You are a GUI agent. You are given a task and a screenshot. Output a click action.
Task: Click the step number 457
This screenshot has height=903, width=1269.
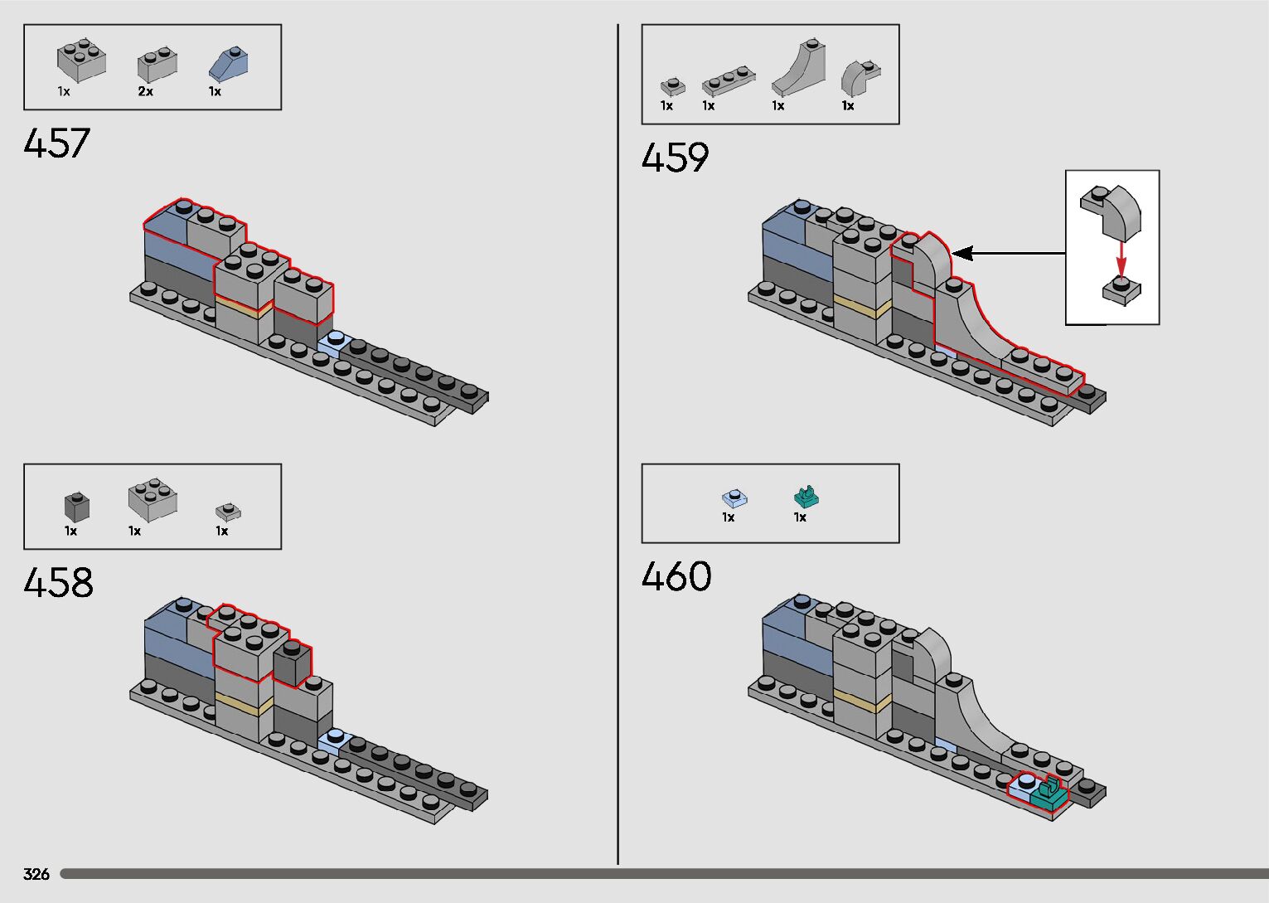point(56,143)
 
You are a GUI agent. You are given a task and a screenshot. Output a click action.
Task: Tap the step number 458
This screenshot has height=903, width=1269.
point(58,583)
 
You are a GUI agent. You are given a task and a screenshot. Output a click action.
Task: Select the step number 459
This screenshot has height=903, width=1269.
point(675,158)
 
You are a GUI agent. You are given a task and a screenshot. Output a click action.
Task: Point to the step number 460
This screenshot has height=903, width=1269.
point(676,577)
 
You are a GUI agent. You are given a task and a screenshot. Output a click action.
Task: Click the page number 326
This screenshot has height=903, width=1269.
point(36,874)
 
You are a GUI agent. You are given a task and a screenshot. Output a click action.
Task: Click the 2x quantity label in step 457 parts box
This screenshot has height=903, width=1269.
point(146,92)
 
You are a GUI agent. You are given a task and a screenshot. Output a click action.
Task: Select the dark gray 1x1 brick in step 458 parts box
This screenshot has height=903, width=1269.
point(76,506)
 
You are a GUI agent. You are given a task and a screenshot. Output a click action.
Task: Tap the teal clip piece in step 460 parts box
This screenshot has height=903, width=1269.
point(806,497)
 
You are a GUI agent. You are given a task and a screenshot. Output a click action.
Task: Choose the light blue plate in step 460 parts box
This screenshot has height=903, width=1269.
point(735,498)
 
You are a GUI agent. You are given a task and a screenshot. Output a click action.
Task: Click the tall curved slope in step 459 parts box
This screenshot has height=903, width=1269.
point(799,68)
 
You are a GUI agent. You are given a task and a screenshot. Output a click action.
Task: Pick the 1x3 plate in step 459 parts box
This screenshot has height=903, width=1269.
point(728,80)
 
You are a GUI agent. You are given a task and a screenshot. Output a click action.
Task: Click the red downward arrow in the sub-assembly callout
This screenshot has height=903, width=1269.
point(1121,259)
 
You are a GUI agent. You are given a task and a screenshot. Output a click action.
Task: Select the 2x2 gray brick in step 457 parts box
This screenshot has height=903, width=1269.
point(81,61)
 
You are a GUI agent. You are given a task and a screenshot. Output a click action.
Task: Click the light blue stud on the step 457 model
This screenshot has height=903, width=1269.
point(336,338)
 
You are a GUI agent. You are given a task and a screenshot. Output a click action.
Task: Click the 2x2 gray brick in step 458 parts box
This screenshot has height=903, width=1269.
point(152,498)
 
